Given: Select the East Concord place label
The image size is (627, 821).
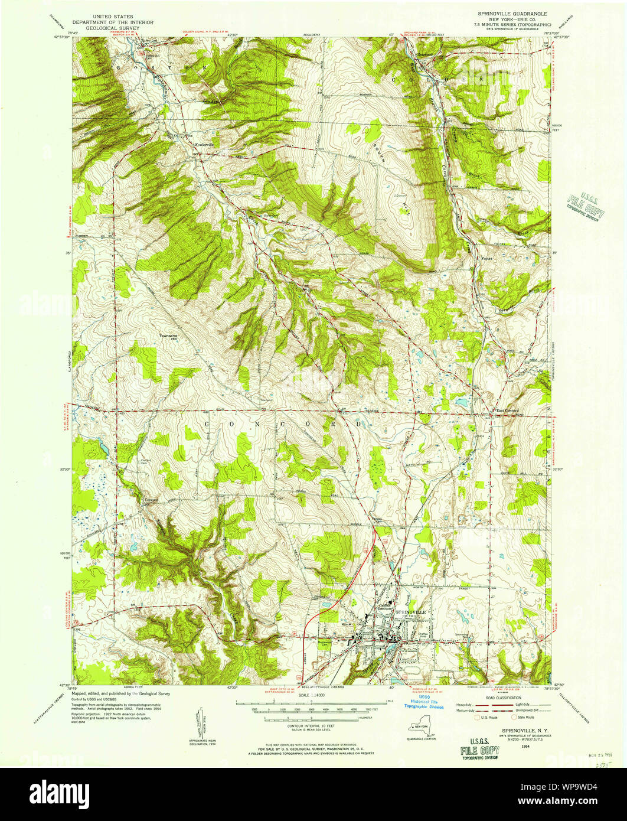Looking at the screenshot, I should [x=507, y=411].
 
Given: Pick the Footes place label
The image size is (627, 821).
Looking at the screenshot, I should [x=486, y=258].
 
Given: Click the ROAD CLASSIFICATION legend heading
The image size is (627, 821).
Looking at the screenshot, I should [x=502, y=697].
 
